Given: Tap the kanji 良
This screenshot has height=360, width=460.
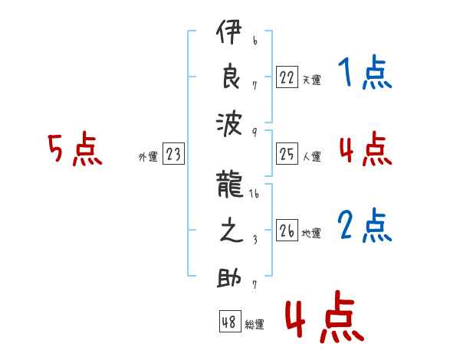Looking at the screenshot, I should pyautogui.click(x=231, y=78).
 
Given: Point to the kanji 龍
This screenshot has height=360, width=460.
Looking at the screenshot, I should pyautogui.click(x=231, y=187).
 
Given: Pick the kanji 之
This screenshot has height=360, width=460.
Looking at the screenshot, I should pyautogui.click(x=231, y=231).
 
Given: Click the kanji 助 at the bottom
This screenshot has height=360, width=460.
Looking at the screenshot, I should pyautogui.click(x=231, y=277).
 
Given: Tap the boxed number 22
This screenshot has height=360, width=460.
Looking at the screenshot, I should pyautogui.click(x=287, y=77).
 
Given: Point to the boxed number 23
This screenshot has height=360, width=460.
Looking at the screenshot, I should pyautogui.click(x=173, y=155).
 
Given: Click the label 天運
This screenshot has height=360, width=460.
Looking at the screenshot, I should pyautogui.click(x=311, y=80).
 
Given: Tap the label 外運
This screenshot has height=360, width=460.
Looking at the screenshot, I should pyautogui.click(x=148, y=157).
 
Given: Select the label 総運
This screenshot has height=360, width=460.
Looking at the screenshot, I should pyautogui.click(x=255, y=324).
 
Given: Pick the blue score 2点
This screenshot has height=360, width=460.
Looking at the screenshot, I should pyautogui.click(x=365, y=227).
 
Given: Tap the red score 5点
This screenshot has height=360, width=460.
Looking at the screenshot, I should pyautogui.click(x=75, y=150).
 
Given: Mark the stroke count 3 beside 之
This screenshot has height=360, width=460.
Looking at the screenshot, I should pyautogui.click(x=254, y=241).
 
